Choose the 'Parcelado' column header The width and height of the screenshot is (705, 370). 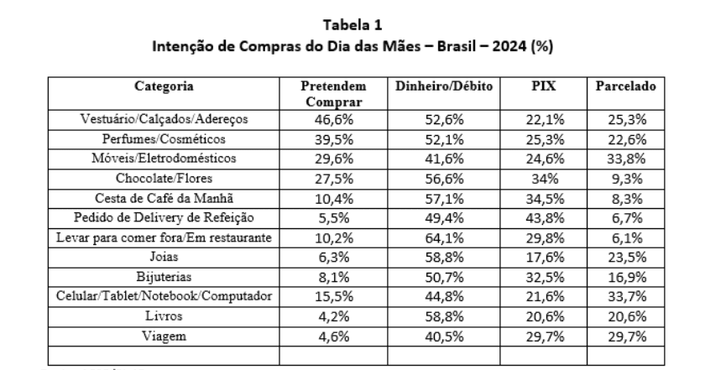[x=625, y=86]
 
